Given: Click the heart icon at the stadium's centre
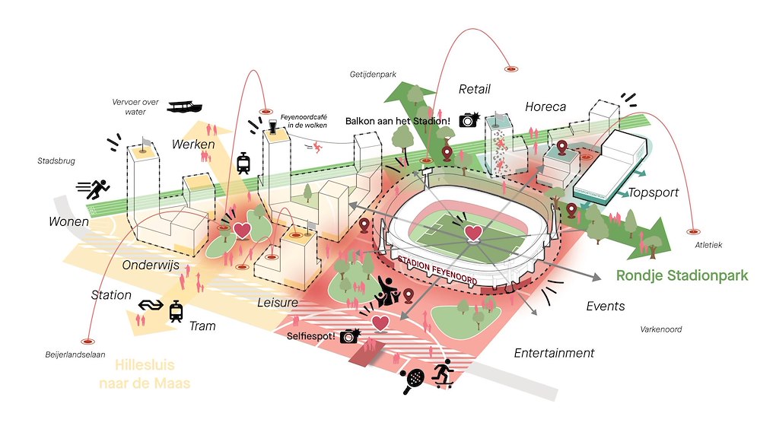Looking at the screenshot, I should (473, 232).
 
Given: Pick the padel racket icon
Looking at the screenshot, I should (415, 375).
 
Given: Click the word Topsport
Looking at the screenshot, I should (653, 192).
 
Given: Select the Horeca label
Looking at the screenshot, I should (545, 107).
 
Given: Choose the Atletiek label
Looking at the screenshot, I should (708, 245).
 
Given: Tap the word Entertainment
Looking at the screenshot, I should (554, 353).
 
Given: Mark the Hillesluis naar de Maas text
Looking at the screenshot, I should (145, 374).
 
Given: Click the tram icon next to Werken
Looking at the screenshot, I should (244, 162).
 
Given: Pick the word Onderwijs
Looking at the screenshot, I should (149, 265).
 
